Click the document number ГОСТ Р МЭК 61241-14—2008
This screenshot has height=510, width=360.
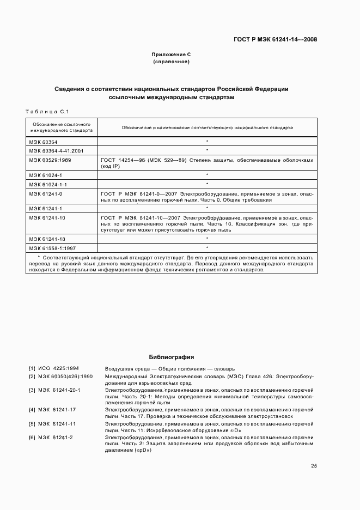pyautogui.click(x=275, y=39)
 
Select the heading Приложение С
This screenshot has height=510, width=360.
pyautogui.click(x=171, y=54)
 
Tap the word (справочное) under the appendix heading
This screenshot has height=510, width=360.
pyautogui.click(x=171, y=62)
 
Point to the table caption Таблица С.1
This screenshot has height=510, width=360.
pyautogui.click(x=46, y=112)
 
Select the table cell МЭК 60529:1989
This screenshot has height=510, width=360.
pyautogui.click(x=51, y=160)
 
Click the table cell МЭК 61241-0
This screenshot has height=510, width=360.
pyautogui.click(x=46, y=194)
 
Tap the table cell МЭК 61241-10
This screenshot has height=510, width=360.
pyautogui.click(x=47, y=218)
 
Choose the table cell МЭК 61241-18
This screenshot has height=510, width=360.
pyautogui.click(x=47, y=239)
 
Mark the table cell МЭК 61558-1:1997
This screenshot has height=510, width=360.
pyautogui.click(x=52, y=248)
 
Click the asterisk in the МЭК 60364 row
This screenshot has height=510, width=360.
pyautogui.click(x=208, y=141)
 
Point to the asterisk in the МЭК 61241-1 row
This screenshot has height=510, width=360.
pyautogui.click(x=208, y=209)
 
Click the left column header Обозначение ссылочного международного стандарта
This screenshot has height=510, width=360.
pyautogui.click(x=62, y=127)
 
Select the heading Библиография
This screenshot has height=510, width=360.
pyautogui.click(x=171, y=357)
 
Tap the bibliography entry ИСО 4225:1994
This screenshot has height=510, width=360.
pyautogui.click(x=58, y=368)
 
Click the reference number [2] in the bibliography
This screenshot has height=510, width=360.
pyautogui.click(x=32, y=376)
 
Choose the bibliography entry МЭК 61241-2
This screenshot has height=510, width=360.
pyautogui.click(x=55, y=438)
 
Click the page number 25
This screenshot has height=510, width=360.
pyautogui.click(x=314, y=466)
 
